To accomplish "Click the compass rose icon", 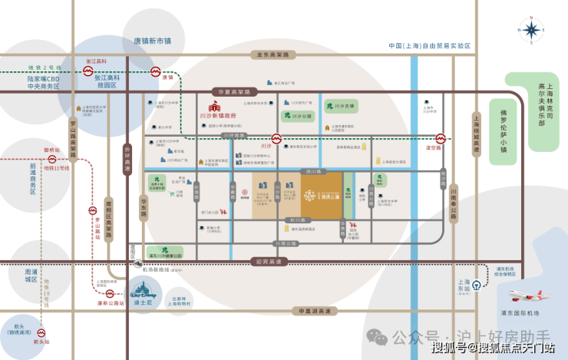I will click(531, 30).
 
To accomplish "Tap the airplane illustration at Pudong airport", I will click(530, 294).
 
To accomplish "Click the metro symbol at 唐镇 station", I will click(154, 76).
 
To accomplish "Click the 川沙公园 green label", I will click(302, 116).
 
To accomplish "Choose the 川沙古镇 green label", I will click(342, 105).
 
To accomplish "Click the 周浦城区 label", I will click(31, 276).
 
